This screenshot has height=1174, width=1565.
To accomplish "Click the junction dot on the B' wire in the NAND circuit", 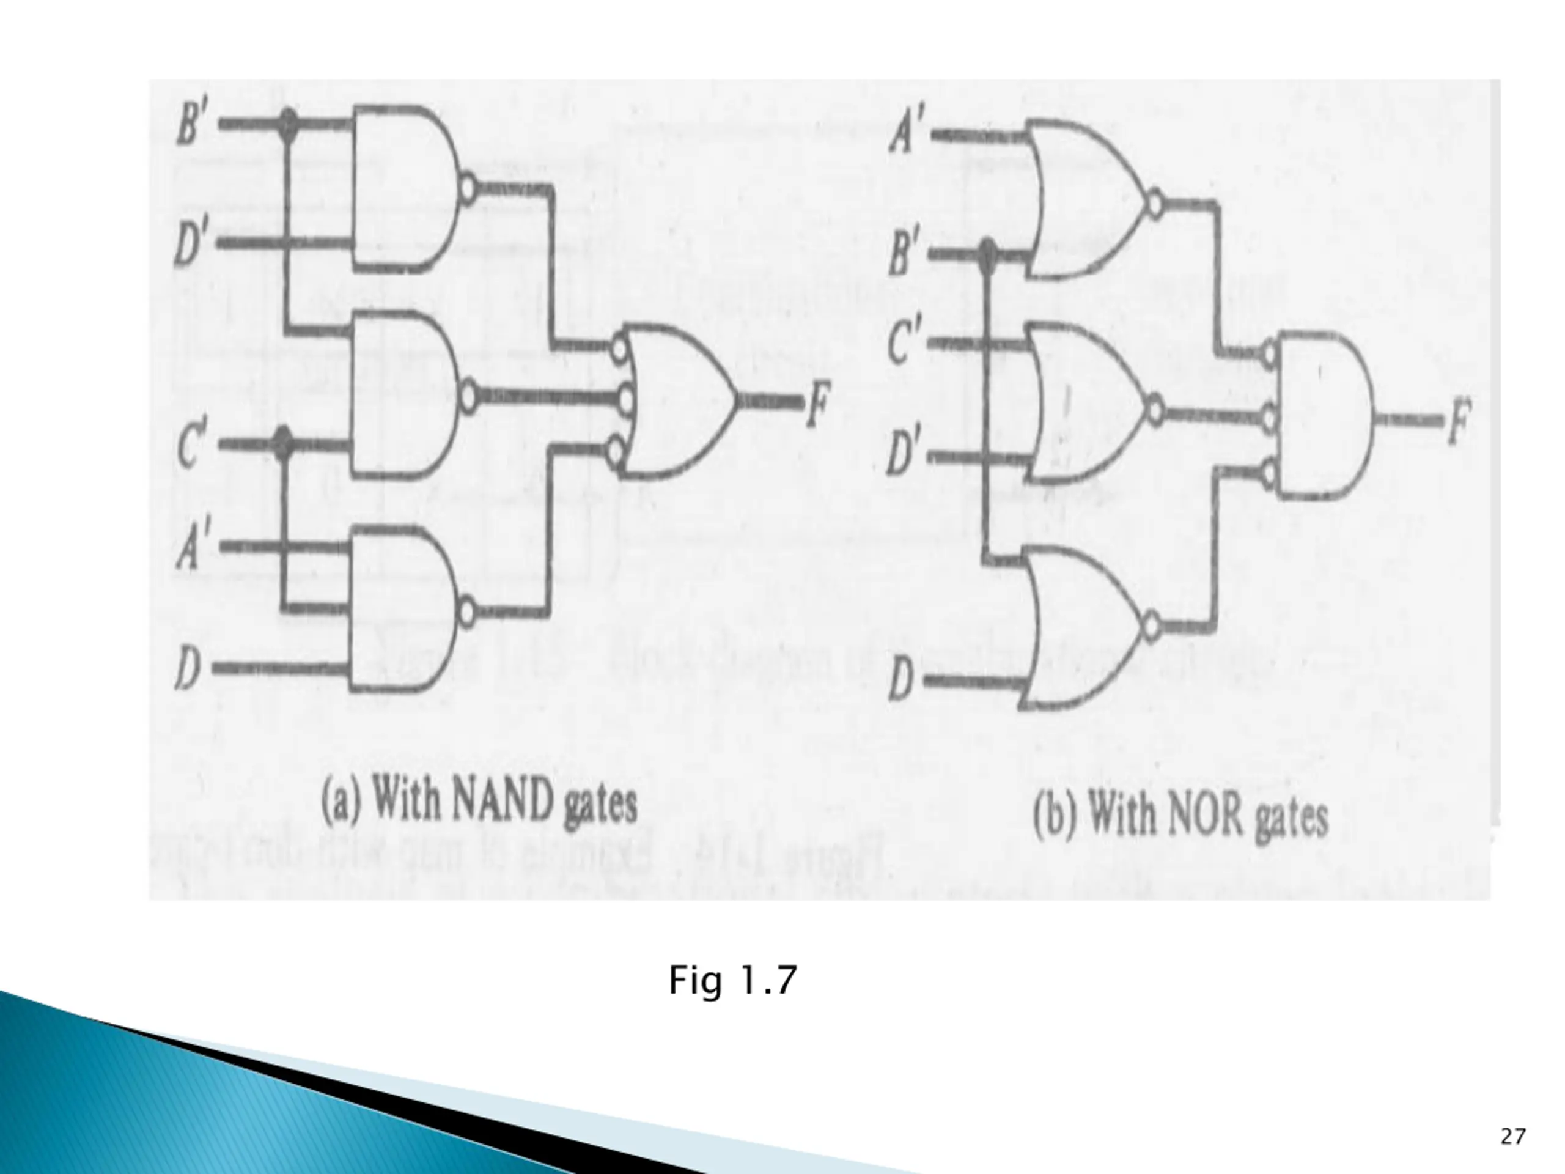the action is pyautogui.click(x=287, y=125).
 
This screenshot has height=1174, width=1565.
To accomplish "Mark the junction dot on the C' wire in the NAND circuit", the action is pyautogui.click(x=283, y=443).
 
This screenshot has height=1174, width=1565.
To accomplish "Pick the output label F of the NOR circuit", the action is pyautogui.click(x=1459, y=421).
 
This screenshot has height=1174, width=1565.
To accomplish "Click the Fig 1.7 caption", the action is pyautogui.click(x=733, y=980).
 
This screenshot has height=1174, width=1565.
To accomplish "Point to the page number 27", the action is pyautogui.click(x=1512, y=1137).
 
